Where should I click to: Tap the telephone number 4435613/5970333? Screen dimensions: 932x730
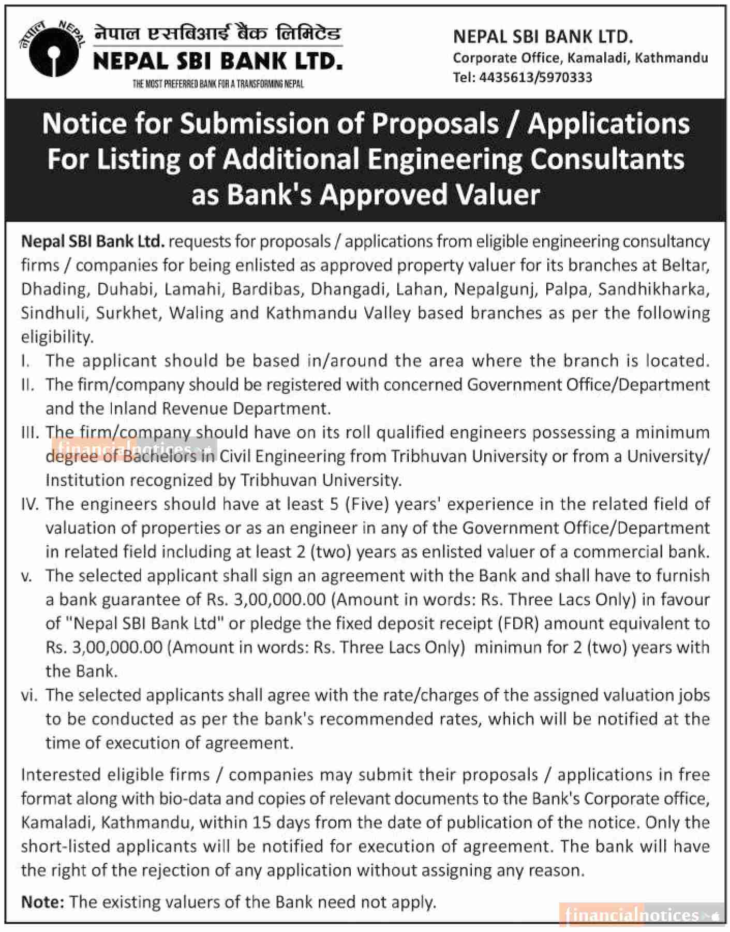coord(535,78)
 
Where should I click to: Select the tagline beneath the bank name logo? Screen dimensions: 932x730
coord(218,84)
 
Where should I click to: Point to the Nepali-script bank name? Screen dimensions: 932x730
coord(218,35)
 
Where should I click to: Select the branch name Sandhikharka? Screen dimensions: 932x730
coord(653,289)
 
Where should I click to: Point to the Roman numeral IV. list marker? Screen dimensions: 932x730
coord(30,504)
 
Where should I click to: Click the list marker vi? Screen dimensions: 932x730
coord(29,695)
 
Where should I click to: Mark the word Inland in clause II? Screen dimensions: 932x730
coord(134,409)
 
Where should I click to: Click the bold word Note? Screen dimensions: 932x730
coord(42,902)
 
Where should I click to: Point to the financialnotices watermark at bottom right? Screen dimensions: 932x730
coord(642,915)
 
